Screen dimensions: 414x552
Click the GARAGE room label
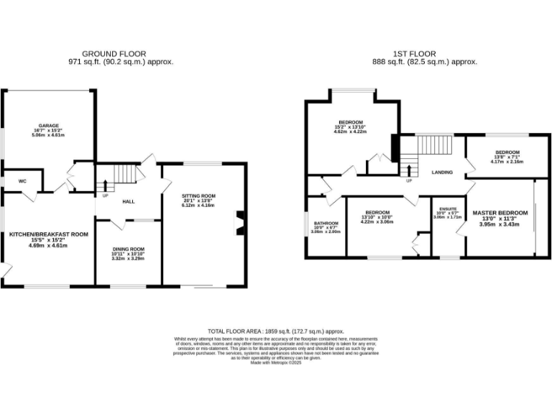pos(48,125)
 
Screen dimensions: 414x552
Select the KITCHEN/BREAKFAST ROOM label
pos(48,234)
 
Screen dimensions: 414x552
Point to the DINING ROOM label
pos(128,249)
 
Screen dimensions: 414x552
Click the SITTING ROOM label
pos(198,195)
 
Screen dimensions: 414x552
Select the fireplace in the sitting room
pos(240,223)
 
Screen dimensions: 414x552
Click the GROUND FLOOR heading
pos(114,54)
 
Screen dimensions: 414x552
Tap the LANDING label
pos(441,173)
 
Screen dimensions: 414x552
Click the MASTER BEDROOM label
pos(500,213)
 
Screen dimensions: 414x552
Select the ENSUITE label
pos(447,208)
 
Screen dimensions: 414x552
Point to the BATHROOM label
pos(325,223)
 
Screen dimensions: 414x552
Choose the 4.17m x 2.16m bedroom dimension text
pos(507,162)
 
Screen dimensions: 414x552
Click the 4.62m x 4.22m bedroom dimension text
pos(351,132)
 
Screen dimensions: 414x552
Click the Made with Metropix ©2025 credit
pos(275,363)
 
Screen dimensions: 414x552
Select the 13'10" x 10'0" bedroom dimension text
pos(377,218)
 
